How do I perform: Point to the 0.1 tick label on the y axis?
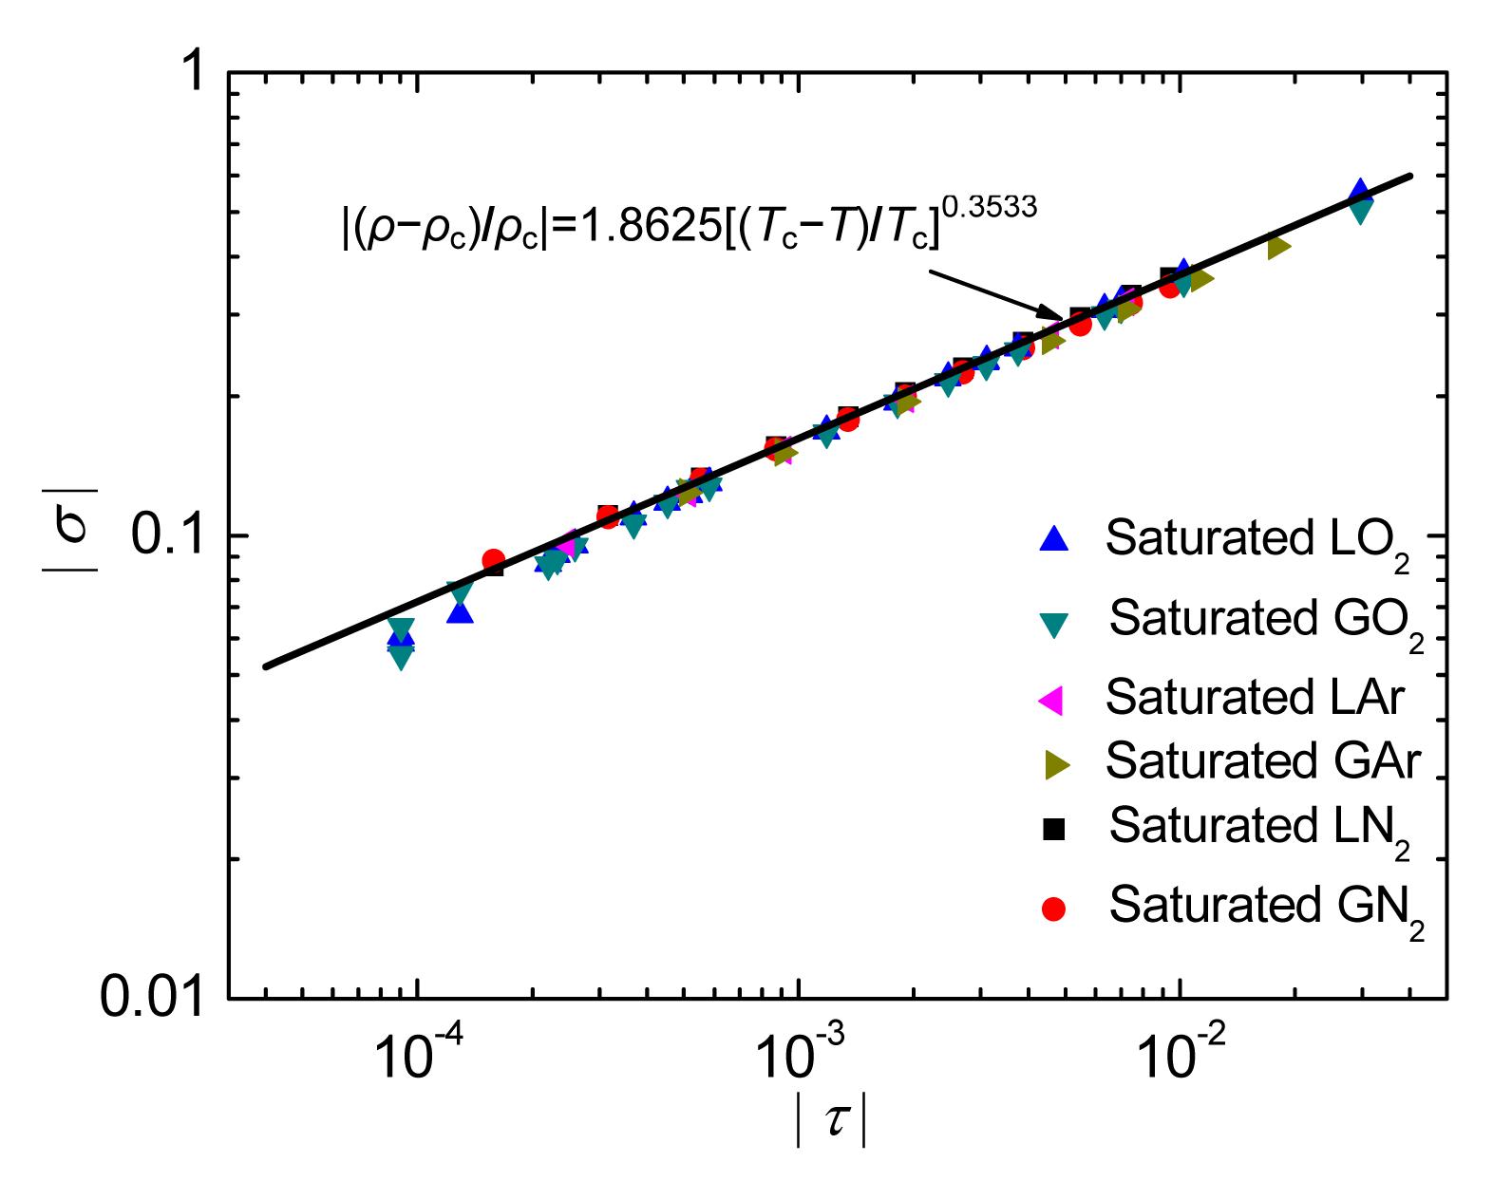pos(165,536)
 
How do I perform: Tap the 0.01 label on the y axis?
pos(152,999)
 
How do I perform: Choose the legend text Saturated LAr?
pos(1254,698)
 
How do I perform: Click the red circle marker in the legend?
pos(1053,909)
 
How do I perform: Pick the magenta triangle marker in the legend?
pos(1051,701)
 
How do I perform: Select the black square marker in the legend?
pos(1053,830)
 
